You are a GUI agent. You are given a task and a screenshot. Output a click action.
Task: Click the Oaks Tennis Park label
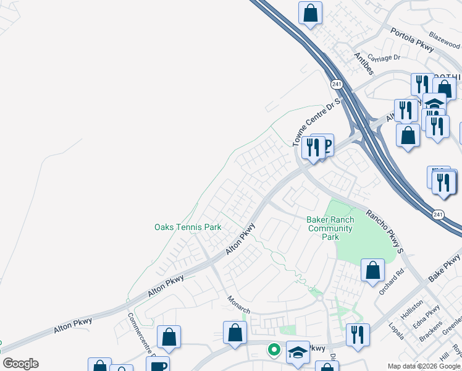pos(188,227)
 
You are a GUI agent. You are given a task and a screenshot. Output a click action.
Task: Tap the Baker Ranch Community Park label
pos(330,228)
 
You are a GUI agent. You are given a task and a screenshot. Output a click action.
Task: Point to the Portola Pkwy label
pos(413,38)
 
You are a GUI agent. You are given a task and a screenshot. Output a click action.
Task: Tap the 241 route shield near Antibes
pos(336,82)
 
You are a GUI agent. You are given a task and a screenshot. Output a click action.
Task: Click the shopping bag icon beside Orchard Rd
pos(372,271)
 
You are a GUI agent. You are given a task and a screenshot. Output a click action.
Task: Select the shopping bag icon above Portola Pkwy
pos(310,12)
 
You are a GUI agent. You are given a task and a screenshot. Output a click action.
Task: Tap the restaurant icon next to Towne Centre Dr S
pos(313,147)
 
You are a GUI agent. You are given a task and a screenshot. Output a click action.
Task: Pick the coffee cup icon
pos(159,365)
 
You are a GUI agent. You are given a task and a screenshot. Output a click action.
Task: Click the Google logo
pos(20,364)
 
